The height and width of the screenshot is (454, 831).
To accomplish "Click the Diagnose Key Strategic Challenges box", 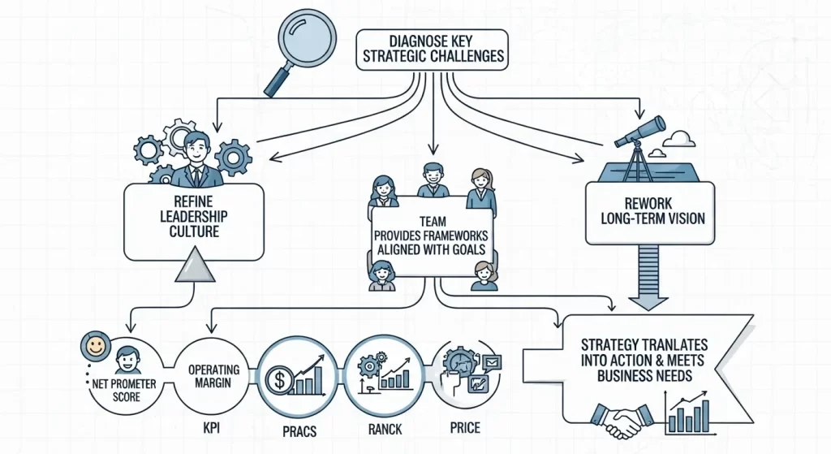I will pyautogui.click(x=431, y=48).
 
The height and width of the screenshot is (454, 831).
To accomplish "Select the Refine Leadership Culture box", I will pyautogui.click(x=194, y=215).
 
